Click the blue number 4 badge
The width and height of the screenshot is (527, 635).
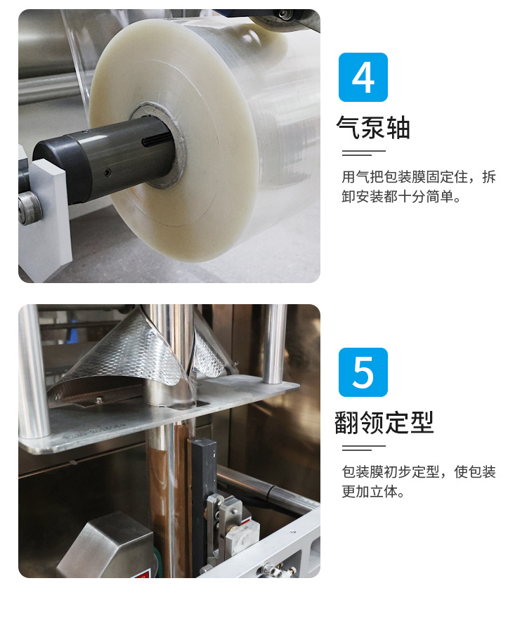coord(363,77)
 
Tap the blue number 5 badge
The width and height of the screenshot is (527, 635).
coord(363,372)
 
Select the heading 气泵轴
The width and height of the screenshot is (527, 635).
coord(373,128)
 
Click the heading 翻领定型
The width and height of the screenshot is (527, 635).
coord(384,422)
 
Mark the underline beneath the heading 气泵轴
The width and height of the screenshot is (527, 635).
coord(363,152)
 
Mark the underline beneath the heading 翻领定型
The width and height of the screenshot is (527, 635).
coord(363,447)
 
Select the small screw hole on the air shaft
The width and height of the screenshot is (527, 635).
coord(108,172)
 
